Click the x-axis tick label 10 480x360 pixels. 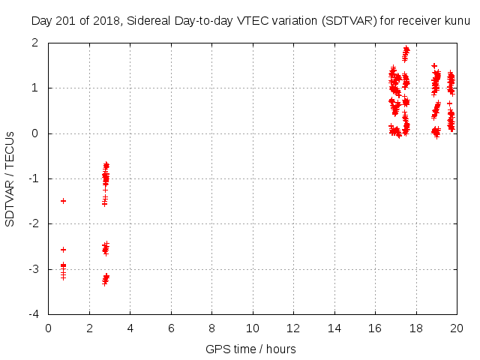point(253,328)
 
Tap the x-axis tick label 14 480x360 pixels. point(334,328)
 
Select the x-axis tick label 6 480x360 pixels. point(171,328)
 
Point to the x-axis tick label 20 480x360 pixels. point(457,328)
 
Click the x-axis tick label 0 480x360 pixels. point(49,328)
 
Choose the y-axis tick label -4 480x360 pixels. point(36,313)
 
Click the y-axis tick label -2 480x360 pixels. point(36,223)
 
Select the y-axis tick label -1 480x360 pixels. point(36,178)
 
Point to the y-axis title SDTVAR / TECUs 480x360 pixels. point(10,178)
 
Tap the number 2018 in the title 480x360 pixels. point(103,21)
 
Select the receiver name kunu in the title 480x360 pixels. point(456,21)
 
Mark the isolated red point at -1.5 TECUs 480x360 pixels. point(63,201)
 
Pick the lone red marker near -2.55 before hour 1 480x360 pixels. point(63,250)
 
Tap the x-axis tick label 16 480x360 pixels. point(375,328)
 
